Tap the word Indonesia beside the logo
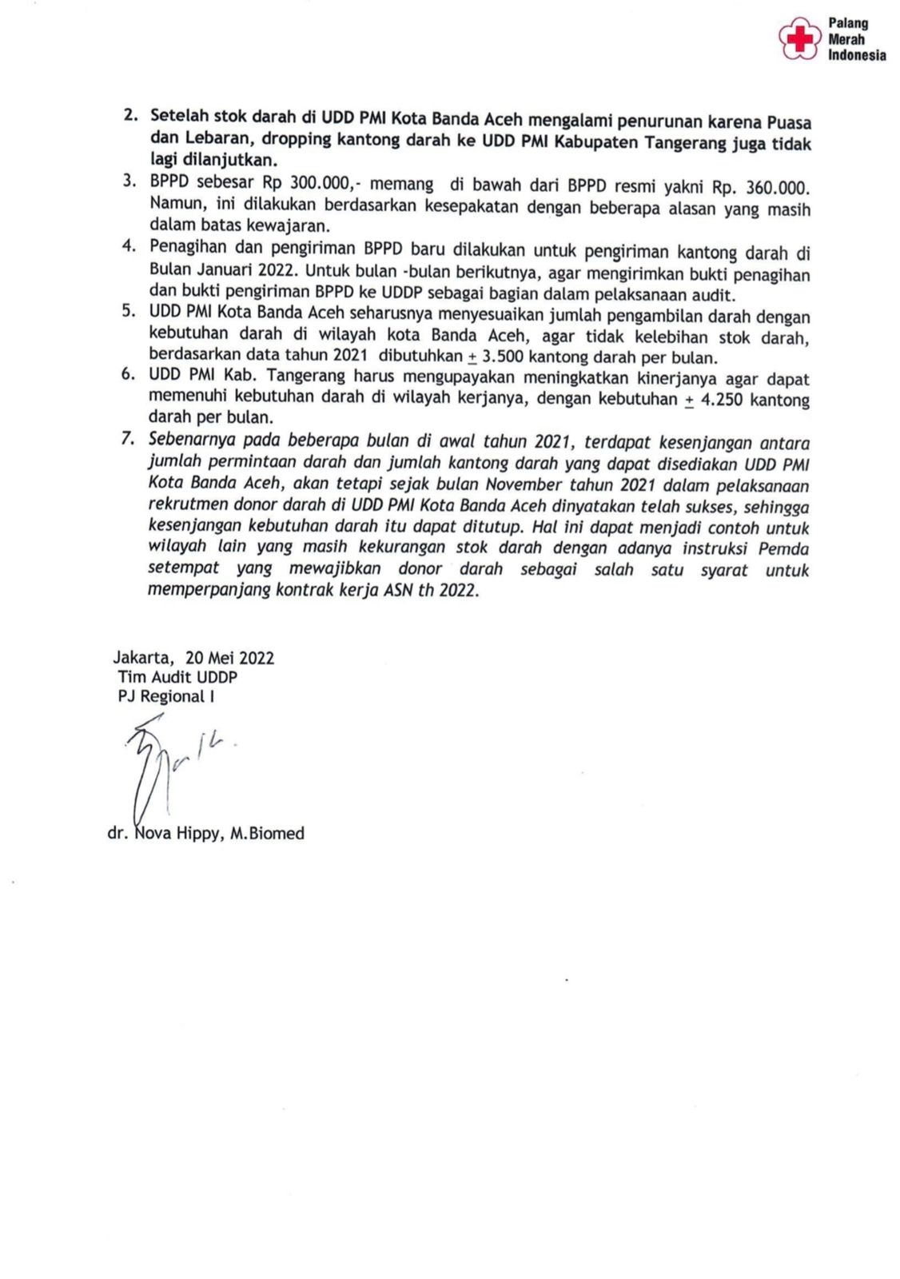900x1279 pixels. (x=857, y=55)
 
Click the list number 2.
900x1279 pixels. (x=130, y=115)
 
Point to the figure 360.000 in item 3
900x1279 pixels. (x=777, y=188)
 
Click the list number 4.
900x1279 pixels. (x=129, y=246)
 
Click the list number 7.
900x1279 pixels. (x=127, y=439)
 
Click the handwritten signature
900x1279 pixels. (x=164, y=767)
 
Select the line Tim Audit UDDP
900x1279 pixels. (x=177, y=677)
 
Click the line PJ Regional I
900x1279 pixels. (x=166, y=696)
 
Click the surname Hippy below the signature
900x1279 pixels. (x=198, y=834)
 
